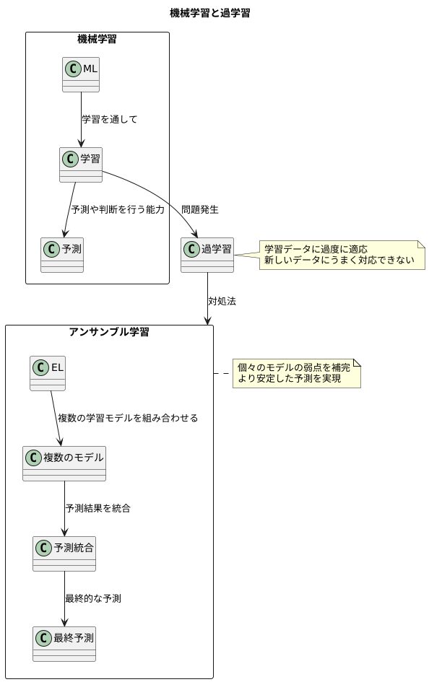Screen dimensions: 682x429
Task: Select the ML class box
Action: point(80,74)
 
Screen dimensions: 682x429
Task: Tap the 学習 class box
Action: point(80,164)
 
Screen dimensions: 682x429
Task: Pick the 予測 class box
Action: point(62,255)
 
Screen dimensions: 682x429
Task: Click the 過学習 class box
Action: point(207,255)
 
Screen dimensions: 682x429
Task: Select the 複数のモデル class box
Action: point(64,463)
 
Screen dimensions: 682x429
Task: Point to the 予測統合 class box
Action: point(64,554)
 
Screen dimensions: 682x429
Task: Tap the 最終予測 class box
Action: point(64,644)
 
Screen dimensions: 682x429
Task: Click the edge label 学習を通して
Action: point(109,119)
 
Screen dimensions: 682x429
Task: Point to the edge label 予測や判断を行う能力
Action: point(118,210)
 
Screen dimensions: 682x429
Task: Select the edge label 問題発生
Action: point(200,210)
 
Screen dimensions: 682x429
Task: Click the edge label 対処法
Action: point(222,301)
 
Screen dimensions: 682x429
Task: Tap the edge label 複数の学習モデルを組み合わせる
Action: point(128,418)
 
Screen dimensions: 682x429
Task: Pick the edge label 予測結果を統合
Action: point(97,508)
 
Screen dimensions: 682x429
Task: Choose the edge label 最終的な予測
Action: point(92,599)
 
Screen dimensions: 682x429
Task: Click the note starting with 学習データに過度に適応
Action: point(339,254)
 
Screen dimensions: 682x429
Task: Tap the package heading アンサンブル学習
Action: point(109,332)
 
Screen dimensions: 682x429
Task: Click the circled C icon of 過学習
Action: point(191,250)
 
